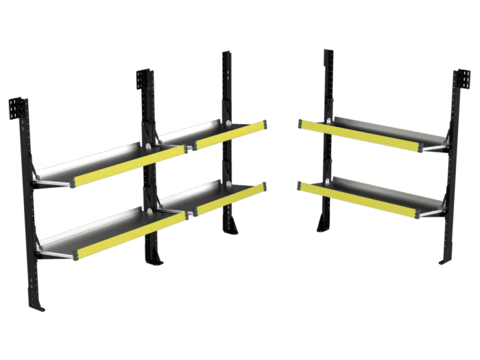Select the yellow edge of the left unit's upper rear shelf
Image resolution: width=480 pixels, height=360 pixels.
click(x=230, y=135)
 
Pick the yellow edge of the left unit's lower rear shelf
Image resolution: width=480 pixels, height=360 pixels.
click(x=230, y=198)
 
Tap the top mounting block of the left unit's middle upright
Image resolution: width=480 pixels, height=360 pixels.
click(x=143, y=79)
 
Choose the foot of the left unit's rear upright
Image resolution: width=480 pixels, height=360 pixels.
click(x=233, y=226)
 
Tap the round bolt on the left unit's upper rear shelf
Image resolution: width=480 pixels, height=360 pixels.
click(x=227, y=123)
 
